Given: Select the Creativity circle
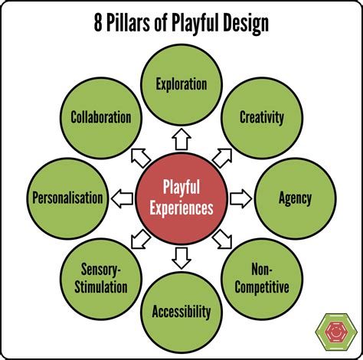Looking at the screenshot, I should click(x=262, y=117).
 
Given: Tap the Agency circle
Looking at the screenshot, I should click(x=295, y=198).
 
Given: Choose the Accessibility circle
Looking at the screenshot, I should click(x=181, y=311).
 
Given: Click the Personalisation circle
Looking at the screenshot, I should click(x=67, y=198).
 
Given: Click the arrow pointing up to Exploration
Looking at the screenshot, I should click(x=181, y=139).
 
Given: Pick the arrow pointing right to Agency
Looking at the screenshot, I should click(x=240, y=198).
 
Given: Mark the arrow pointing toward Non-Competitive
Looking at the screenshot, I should click(x=222, y=240).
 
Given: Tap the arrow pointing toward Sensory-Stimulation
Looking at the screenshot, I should click(x=141, y=240).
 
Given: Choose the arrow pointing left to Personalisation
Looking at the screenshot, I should click(x=123, y=198).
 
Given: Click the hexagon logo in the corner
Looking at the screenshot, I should click(x=335, y=332).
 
